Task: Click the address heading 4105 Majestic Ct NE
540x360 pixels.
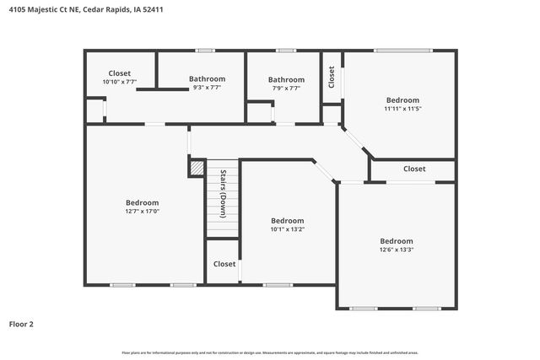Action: point(43,10)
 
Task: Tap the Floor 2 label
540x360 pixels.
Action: point(21,324)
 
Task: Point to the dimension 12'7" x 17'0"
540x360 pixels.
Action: point(142,212)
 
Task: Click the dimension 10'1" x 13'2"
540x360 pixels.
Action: point(287,228)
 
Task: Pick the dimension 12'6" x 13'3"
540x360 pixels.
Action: point(396,250)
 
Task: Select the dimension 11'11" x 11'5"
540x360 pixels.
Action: point(402,108)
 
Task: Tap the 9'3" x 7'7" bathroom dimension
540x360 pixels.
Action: point(206,88)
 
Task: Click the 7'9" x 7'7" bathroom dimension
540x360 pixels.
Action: point(285,88)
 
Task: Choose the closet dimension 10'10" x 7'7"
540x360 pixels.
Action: point(120,82)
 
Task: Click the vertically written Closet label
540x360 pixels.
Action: point(332,78)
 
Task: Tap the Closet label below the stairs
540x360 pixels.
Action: point(224,264)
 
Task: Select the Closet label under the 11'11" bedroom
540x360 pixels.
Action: point(414,169)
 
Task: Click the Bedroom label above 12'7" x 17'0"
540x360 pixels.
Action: point(142,202)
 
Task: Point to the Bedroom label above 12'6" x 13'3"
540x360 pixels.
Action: point(396,240)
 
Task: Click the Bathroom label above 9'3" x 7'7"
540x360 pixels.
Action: point(206,79)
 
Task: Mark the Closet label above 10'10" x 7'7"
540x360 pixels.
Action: point(120,73)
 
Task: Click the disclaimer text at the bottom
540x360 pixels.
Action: point(270,352)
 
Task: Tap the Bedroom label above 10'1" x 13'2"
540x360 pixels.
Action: point(287,219)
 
